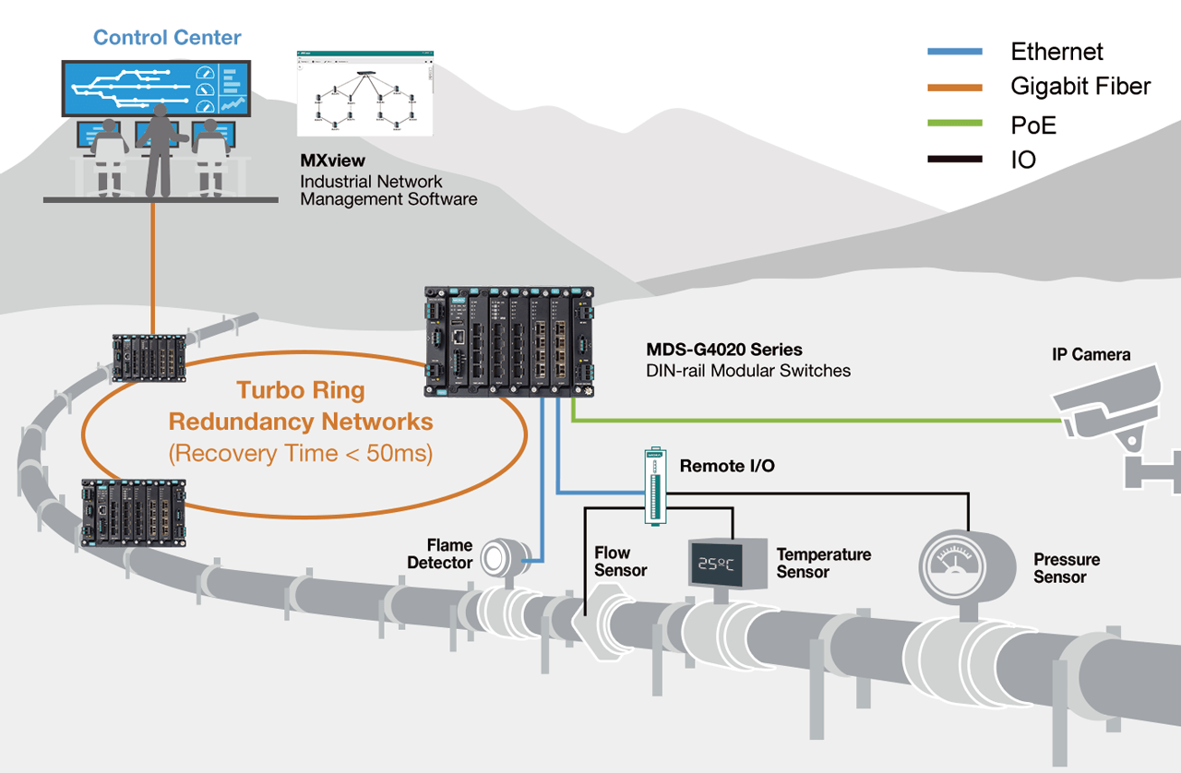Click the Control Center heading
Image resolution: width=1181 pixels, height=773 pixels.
(x=167, y=38)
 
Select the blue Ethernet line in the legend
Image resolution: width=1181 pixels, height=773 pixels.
(x=955, y=52)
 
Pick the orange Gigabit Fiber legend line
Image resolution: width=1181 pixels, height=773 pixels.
(x=955, y=88)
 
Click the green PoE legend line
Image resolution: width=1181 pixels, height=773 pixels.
(x=955, y=124)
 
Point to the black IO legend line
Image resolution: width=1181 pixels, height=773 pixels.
(x=955, y=160)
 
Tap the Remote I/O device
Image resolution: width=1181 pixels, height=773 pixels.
(x=654, y=486)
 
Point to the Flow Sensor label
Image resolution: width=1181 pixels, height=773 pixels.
(x=619, y=562)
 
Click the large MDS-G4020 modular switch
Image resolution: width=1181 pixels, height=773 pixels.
(x=509, y=341)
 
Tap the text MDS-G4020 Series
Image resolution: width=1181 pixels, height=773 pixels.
(x=724, y=351)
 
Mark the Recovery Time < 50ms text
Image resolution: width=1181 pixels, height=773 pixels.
(x=301, y=453)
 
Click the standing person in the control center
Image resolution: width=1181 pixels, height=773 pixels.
(x=160, y=148)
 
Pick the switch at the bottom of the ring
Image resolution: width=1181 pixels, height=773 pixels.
(x=134, y=512)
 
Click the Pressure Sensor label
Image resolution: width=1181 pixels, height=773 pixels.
(x=1066, y=568)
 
